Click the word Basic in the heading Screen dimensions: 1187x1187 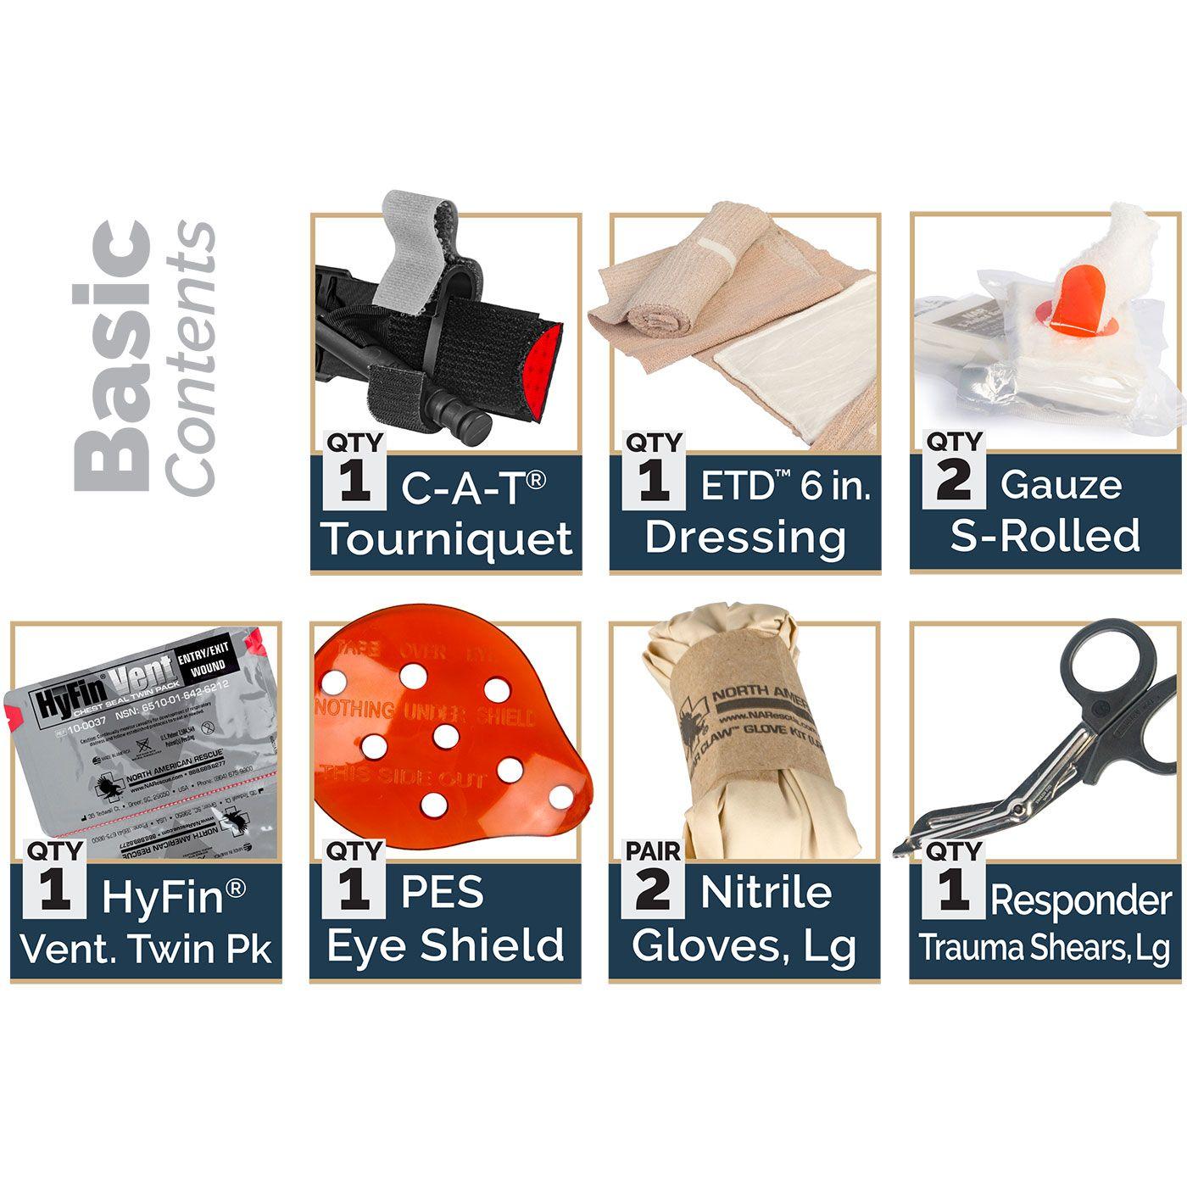click(112, 356)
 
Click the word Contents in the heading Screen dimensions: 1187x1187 click(191, 356)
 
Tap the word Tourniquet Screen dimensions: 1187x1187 click(448, 539)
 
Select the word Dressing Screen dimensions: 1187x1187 click(745, 537)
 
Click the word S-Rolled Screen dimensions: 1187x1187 click(1045, 536)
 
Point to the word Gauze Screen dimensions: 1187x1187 click(1060, 485)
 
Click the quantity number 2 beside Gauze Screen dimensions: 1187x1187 click(954, 480)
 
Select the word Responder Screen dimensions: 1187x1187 click(1080, 900)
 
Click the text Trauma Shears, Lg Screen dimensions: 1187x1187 click(1044, 948)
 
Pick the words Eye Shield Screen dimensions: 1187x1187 click(445, 946)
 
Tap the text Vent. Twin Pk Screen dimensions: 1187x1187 click(146, 948)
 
